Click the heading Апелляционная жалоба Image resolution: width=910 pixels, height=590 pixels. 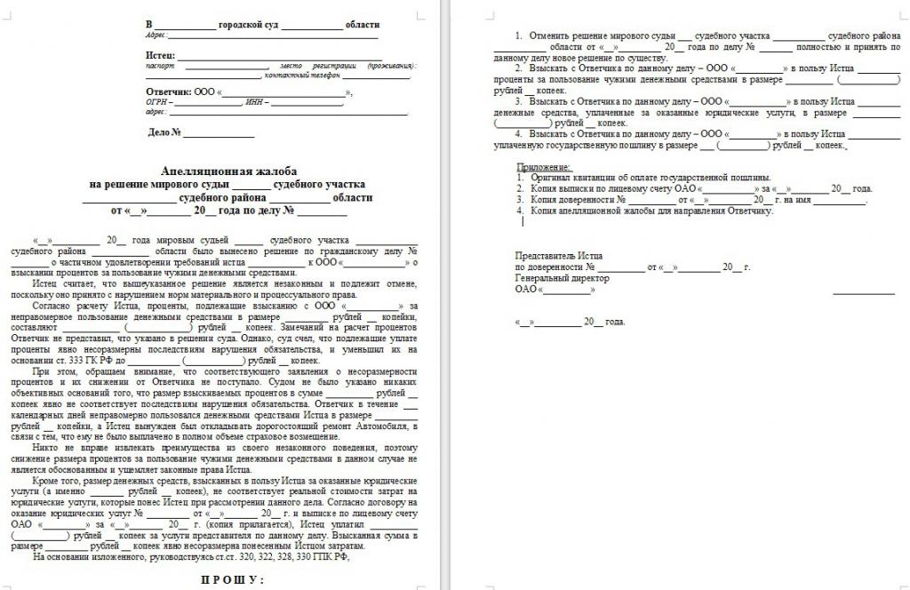point(228,170)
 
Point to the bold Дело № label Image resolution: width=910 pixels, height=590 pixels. point(164,133)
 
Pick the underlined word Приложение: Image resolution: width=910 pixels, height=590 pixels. point(544,167)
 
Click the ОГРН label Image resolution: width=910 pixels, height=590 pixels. point(156,102)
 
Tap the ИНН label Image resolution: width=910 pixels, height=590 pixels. point(257,102)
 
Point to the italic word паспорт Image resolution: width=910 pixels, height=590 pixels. point(161,66)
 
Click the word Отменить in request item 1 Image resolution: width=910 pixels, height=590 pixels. point(548,36)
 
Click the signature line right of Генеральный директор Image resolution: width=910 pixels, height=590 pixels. point(863,291)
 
